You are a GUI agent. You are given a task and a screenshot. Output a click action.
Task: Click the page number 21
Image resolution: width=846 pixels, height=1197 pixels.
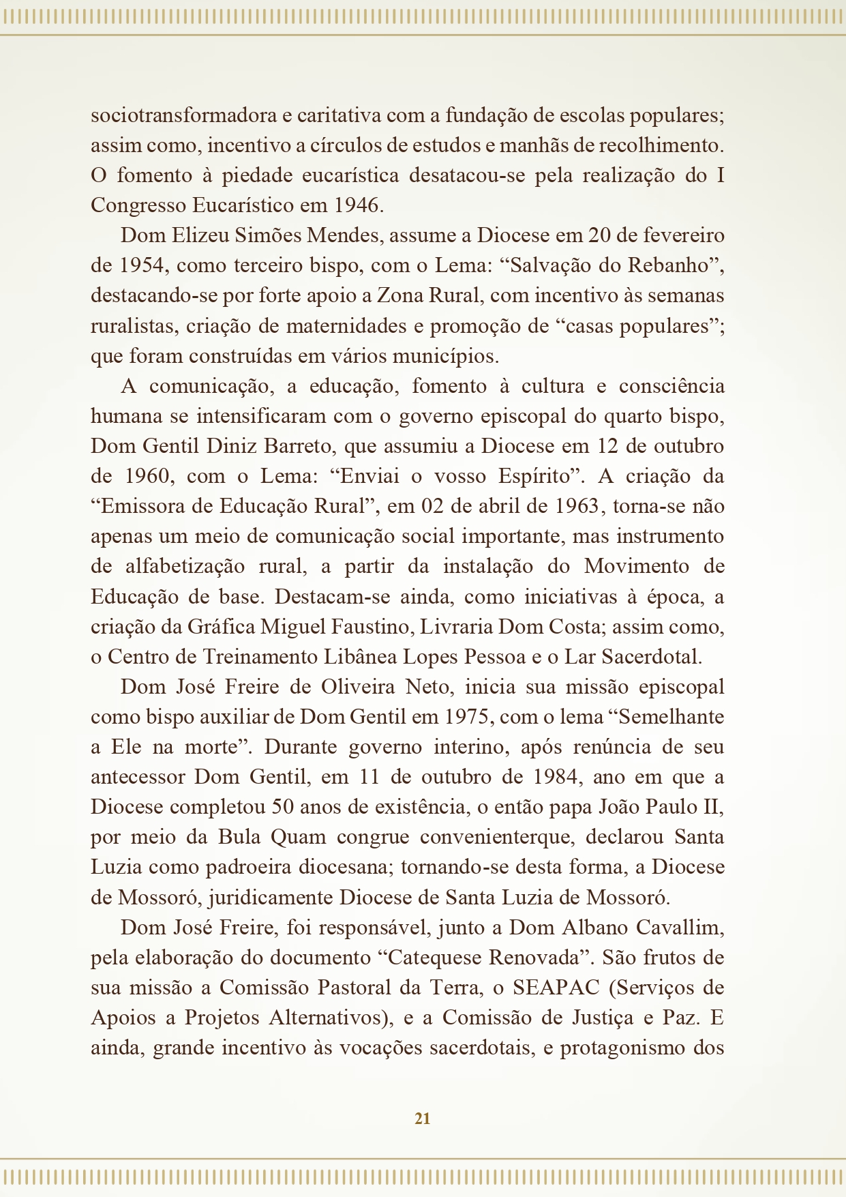pos(422,1118)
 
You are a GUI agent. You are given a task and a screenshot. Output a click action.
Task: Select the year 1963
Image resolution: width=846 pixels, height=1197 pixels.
pos(579,506)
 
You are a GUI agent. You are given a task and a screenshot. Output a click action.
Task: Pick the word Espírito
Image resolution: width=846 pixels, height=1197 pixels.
pos(533,476)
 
